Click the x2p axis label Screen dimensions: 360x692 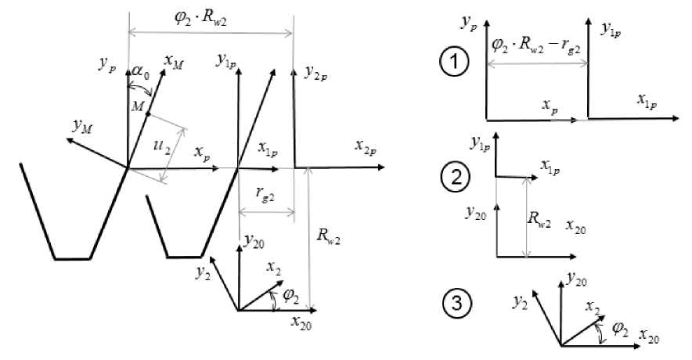364,146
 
